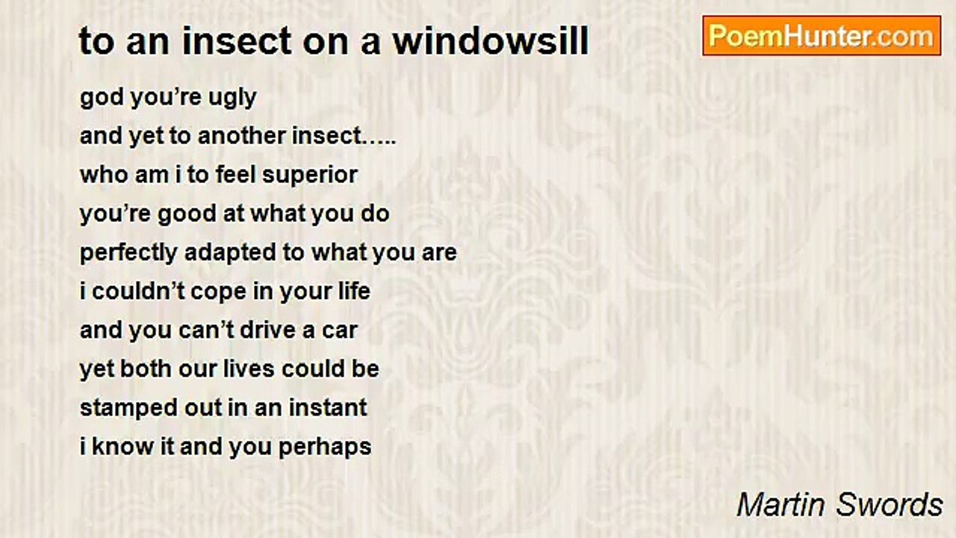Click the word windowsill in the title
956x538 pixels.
(491, 41)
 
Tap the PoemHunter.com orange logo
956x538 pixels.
(822, 36)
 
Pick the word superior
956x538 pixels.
(309, 176)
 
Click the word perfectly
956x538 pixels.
(128, 253)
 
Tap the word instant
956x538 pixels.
(328, 408)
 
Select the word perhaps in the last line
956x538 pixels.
(325, 448)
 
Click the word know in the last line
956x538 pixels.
(123, 447)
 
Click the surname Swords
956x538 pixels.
(889, 505)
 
